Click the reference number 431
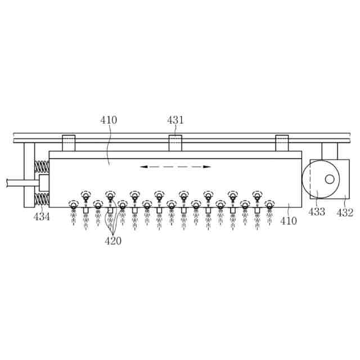[x=175, y=120]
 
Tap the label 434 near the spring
[x=42, y=217]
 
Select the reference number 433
[x=316, y=211]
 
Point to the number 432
[x=345, y=213]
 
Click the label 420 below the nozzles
[x=113, y=241]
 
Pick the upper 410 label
[x=109, y=120]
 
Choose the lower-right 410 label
[x=289, y=221]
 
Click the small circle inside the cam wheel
[x=330, y=179]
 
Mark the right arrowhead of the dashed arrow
[x=207, y=166]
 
